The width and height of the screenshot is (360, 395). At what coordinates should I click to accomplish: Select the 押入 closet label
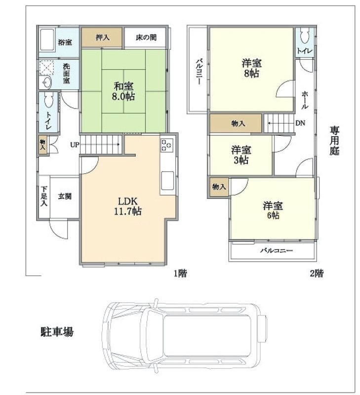(102, 37)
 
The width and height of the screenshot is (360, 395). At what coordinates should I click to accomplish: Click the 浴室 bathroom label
(65, 42)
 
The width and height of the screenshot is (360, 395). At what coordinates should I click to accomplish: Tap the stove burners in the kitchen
(167, 145)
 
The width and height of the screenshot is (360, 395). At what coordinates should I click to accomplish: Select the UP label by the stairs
(74, 145)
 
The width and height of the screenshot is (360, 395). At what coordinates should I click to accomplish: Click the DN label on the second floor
(300, 123)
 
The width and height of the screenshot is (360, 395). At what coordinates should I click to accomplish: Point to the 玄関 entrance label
(65, 197)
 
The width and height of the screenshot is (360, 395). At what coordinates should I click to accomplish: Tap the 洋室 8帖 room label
(251, 68)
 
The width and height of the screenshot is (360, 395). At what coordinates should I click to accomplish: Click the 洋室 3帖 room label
(241, 155)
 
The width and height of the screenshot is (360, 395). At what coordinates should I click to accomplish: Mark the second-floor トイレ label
(304, 51)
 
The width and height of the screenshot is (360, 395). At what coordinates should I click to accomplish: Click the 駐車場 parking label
(57, 331)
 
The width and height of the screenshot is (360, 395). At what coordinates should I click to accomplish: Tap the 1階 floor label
(180, 273)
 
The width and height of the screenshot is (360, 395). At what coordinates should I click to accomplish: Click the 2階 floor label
(317, 273)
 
